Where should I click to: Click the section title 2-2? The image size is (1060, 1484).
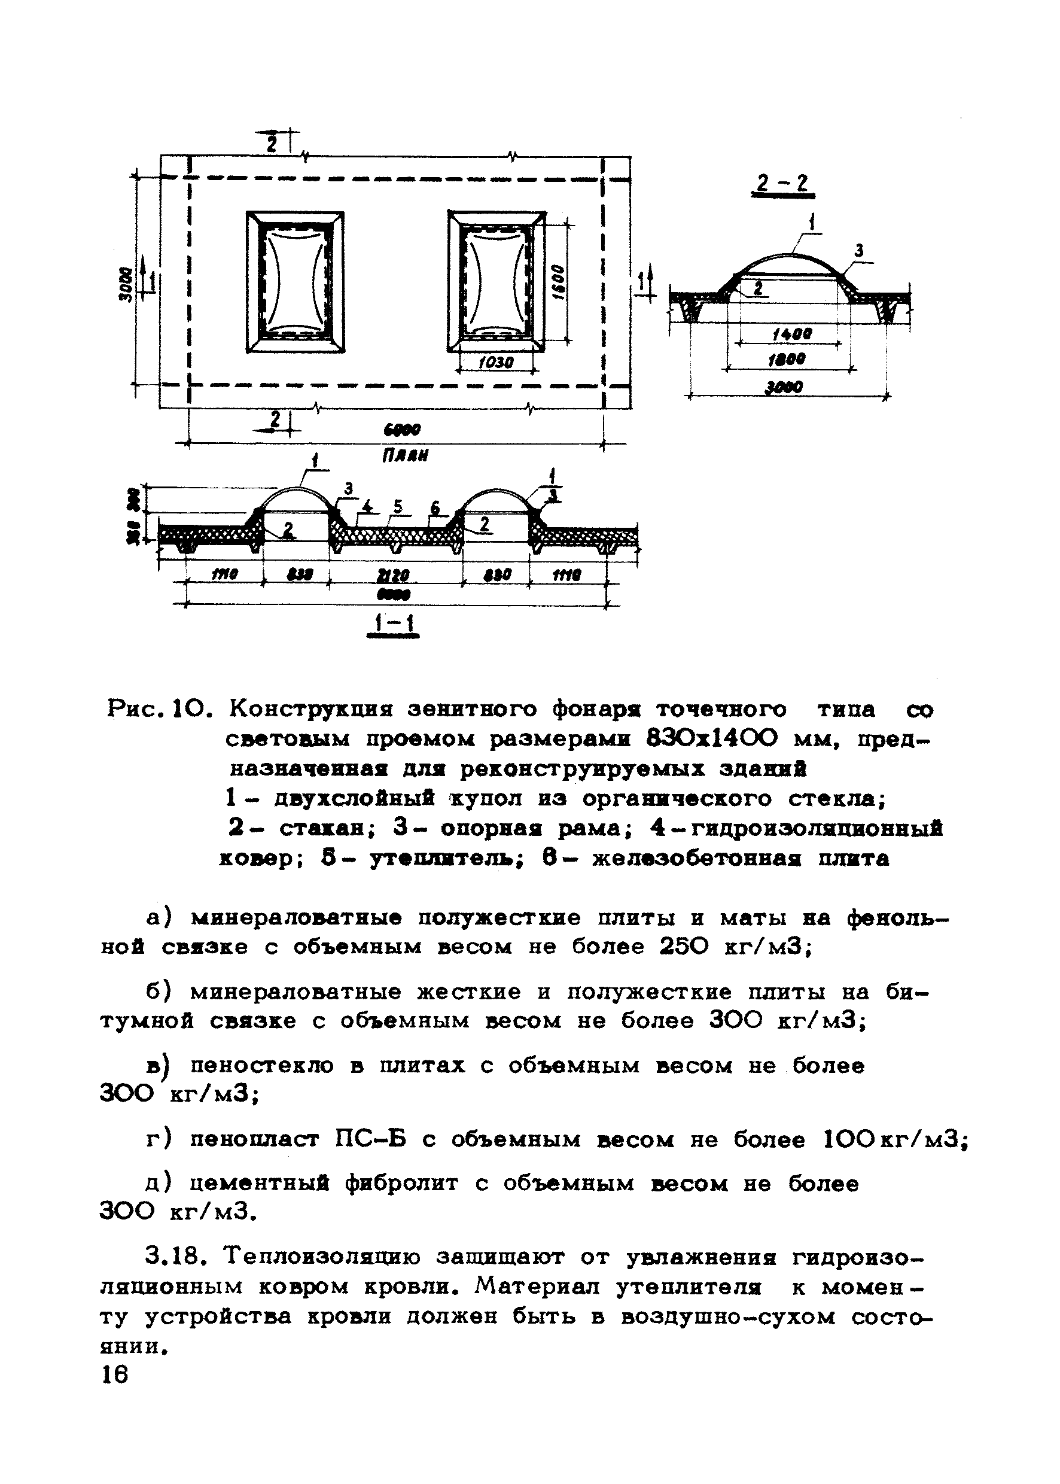(782, 184)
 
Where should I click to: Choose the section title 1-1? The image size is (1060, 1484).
(392, 624)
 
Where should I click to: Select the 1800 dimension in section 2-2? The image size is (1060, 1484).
(787, 360)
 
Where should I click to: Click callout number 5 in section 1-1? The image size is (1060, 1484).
(397, 507)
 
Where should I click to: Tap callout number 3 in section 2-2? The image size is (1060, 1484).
(859, 251)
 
